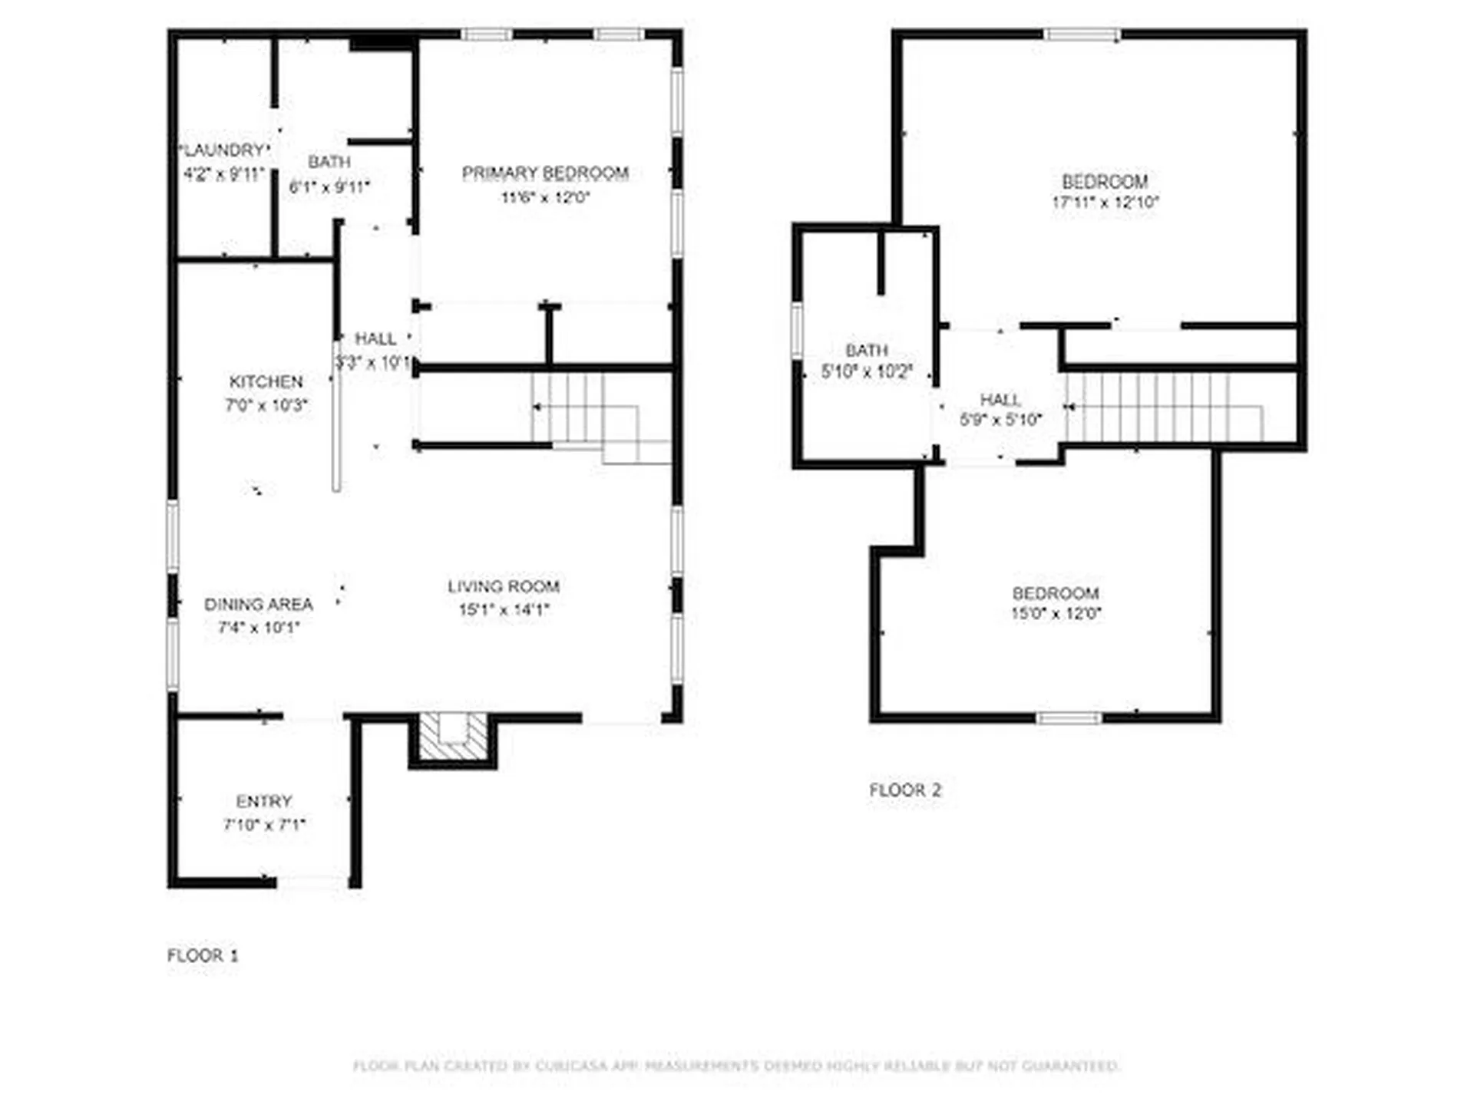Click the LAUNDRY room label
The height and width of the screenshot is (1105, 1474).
pos(224,150)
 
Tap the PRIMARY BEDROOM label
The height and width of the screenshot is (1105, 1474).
pos(545,173)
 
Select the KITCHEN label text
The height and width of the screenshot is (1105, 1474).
pos(266,382)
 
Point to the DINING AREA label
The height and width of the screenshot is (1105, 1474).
pos(258,605)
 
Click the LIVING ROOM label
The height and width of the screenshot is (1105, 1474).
pos(504,587)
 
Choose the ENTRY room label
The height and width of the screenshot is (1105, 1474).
pos(264,802)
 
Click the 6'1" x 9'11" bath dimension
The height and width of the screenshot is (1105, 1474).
pos(329,186)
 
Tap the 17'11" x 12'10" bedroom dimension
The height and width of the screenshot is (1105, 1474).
pos(1105,203)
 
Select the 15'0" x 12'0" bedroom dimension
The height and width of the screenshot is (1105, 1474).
pos(1056,614)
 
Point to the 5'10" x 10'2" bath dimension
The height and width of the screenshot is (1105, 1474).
pos(867,372)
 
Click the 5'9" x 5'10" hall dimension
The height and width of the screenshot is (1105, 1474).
pos(1000,420)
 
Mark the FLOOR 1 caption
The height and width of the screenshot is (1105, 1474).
pos(203,956)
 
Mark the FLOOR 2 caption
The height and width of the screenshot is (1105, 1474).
pos(905,790)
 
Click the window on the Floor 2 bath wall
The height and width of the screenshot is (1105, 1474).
pos(797,330)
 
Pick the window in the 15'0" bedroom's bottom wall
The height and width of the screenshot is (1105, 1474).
pos(1069,718)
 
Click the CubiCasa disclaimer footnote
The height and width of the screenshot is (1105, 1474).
pos(736,1066)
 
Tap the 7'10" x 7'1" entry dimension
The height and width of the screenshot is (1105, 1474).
pos(264,825)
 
